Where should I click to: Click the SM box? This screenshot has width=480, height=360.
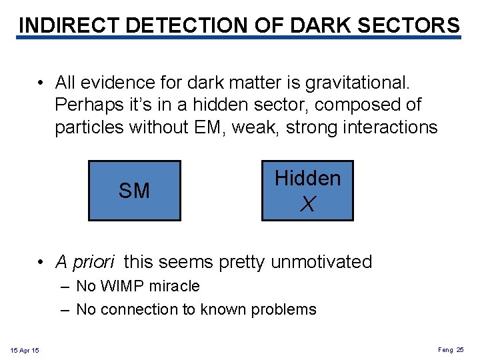point(134,191)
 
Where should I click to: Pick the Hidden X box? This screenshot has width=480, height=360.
point(307,191)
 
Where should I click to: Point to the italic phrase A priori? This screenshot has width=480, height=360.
point(85,262)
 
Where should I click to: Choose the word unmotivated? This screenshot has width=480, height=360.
point(321,262)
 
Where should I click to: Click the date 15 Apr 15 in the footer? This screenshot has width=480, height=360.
point(25,351)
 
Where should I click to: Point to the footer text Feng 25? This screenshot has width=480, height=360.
point(451,350)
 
